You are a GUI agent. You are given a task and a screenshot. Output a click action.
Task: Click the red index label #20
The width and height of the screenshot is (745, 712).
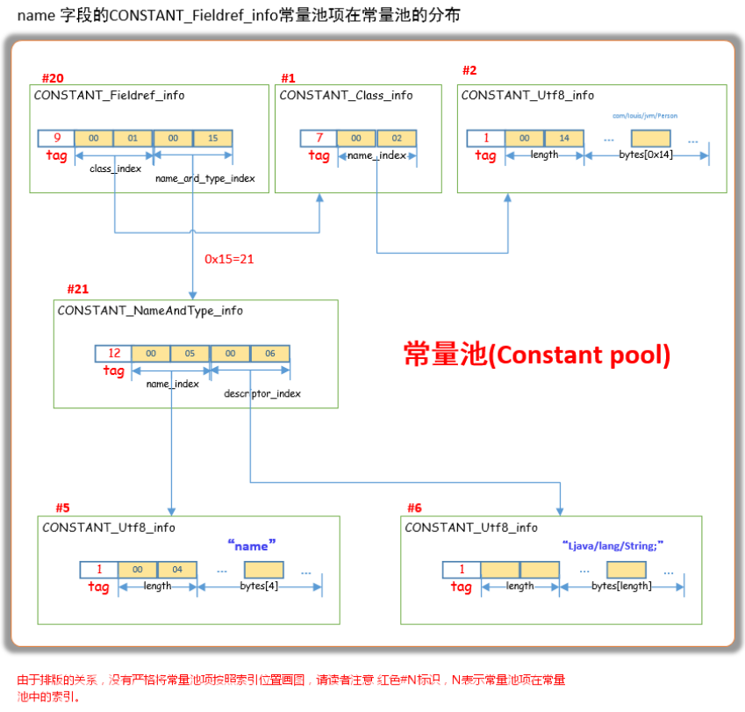pos(53,77)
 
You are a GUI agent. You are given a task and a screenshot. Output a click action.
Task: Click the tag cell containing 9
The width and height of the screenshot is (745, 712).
pos(56,138)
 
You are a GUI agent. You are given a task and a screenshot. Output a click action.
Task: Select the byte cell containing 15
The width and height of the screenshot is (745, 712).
pos(213,138)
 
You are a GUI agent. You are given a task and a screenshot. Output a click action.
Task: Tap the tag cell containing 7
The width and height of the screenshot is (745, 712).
pos(319,138)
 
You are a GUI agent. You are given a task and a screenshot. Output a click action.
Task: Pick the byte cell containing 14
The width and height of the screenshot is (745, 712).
pos(564,138)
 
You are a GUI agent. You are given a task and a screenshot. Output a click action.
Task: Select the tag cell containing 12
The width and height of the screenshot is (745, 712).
pos(114,354)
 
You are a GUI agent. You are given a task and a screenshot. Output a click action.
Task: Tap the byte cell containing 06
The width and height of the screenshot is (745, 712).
pos(270,354)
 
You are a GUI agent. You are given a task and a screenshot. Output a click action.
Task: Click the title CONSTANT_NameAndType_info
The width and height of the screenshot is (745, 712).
pos(150,311)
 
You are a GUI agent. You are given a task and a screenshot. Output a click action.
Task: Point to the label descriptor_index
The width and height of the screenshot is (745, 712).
pos(262,393)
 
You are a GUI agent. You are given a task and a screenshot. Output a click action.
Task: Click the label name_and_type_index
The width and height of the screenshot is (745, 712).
pos(205,178)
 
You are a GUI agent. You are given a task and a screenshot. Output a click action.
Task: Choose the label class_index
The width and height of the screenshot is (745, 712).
pos(116,168)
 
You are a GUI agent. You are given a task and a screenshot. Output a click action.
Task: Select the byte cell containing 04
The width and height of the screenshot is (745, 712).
pos(177,570)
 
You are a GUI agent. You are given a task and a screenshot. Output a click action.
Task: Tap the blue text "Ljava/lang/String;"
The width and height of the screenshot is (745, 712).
pos(612,545)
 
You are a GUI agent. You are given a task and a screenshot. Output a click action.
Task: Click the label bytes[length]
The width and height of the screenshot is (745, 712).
pos(621,586)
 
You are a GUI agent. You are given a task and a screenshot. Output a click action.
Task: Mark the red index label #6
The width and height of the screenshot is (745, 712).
pos(414,508)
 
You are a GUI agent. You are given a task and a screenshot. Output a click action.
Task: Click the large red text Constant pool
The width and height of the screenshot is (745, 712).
pos(537,354)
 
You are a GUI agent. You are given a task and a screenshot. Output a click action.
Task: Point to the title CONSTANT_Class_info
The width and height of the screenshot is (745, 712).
pos(346,95)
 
